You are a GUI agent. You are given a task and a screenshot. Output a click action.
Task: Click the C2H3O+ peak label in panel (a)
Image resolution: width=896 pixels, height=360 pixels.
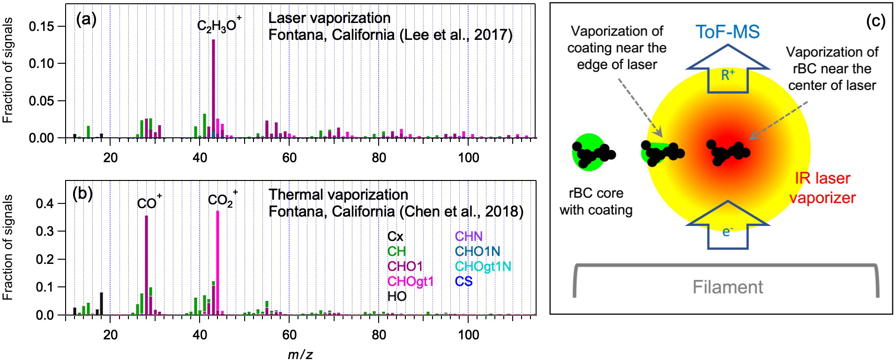pos(219,25)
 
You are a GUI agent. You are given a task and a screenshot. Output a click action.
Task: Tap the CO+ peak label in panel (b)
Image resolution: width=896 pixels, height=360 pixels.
pos(149,202)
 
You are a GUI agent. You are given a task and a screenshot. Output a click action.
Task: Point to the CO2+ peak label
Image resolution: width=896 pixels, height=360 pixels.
pos(222,200)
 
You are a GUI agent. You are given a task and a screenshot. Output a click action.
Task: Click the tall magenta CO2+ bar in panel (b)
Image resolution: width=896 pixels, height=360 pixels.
pos(217,262)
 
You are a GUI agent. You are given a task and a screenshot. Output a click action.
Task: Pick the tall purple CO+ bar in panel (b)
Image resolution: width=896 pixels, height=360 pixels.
pos(146,265)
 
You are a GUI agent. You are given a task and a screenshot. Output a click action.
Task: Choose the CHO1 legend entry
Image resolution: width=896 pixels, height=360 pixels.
pos(405,266)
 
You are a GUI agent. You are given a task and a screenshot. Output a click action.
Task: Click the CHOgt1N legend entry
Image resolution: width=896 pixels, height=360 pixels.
pos(483,266)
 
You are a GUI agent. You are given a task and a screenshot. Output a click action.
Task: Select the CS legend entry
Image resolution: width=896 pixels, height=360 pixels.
pos(463,281)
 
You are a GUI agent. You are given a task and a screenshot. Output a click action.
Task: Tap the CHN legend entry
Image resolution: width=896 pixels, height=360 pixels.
pos(469,236)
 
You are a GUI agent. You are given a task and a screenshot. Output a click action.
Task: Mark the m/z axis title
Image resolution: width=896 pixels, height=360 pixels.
pos(300,354)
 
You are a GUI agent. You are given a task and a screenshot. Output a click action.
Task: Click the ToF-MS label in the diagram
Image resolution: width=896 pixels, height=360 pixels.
pos(727,32)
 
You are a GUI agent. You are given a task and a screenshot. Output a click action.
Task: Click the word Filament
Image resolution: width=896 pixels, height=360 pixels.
pos(727,287)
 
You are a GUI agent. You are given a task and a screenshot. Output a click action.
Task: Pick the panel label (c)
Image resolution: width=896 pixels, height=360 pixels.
pos(875,21)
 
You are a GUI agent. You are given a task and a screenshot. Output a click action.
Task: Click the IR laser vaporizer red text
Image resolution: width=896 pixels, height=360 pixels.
pos(822,187)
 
